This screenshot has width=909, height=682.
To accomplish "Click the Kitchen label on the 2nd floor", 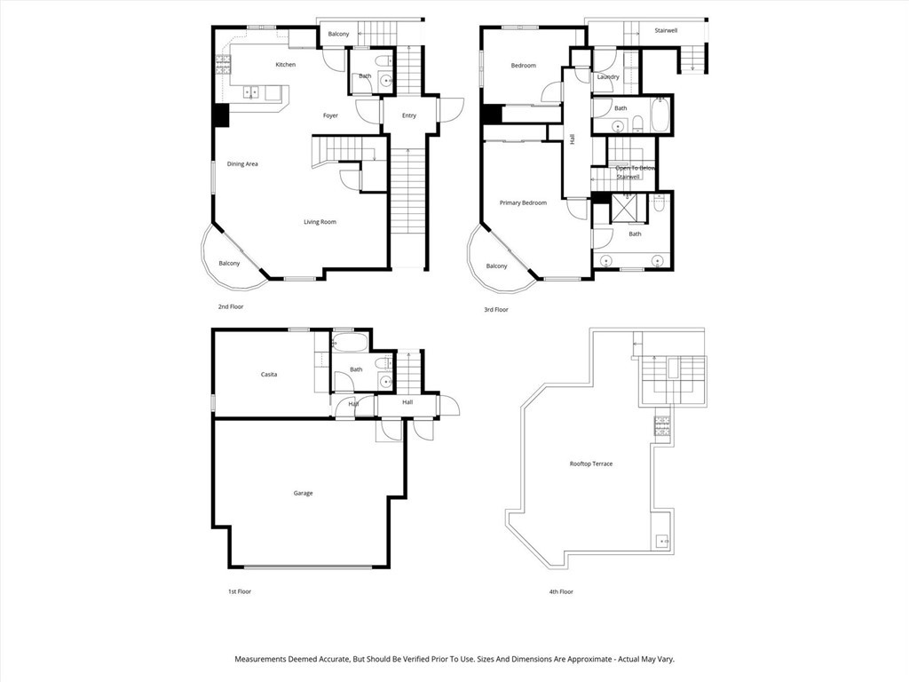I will (285, 65).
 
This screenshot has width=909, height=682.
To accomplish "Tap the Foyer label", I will (330, 115).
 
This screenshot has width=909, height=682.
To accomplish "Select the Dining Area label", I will (242, 164).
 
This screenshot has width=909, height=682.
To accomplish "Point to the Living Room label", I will (320, 222).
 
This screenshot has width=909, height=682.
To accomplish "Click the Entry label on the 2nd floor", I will (408, 115).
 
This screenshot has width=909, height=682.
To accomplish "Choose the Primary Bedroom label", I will (523, 203).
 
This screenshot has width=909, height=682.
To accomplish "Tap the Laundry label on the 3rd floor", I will (608, 77).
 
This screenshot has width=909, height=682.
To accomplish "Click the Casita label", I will (268, 375).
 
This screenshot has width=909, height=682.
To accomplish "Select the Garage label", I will (303, 493).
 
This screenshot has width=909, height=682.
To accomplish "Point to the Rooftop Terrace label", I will (591, 464).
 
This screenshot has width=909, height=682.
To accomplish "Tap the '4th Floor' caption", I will (560, 591).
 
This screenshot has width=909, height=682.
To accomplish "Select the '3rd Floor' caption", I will (495, 310).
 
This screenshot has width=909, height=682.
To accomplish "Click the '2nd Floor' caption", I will (231, 306).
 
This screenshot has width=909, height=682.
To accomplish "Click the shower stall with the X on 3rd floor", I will (631, 209).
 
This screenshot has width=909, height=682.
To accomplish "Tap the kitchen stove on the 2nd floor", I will (223, 63).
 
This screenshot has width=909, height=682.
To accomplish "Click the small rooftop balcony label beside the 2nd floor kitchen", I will (338, 35).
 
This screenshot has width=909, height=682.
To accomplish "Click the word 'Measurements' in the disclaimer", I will (263, 660).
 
